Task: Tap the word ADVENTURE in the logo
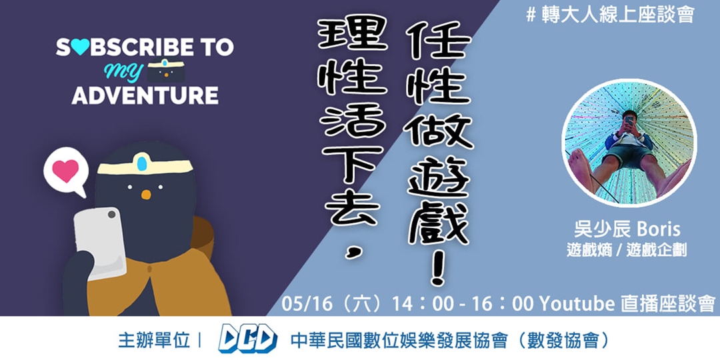point(145,95)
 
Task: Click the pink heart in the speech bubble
point(66,171)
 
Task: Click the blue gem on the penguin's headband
point(142,162)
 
